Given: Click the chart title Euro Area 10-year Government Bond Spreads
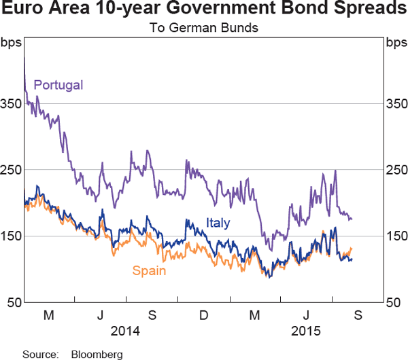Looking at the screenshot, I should pyautogui.click(x=204, y=11).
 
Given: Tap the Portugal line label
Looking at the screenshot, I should pyautogui.click(x=58, y=86).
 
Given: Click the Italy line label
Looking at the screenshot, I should pyautogui.click(x=218, y=223).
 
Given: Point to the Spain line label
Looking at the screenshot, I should pyautogui.click(x=150, y=271).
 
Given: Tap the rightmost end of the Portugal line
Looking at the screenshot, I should pyautogui.click(x=352, y=219).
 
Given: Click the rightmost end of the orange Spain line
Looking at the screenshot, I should pyautogui.click(x=352, y=249).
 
